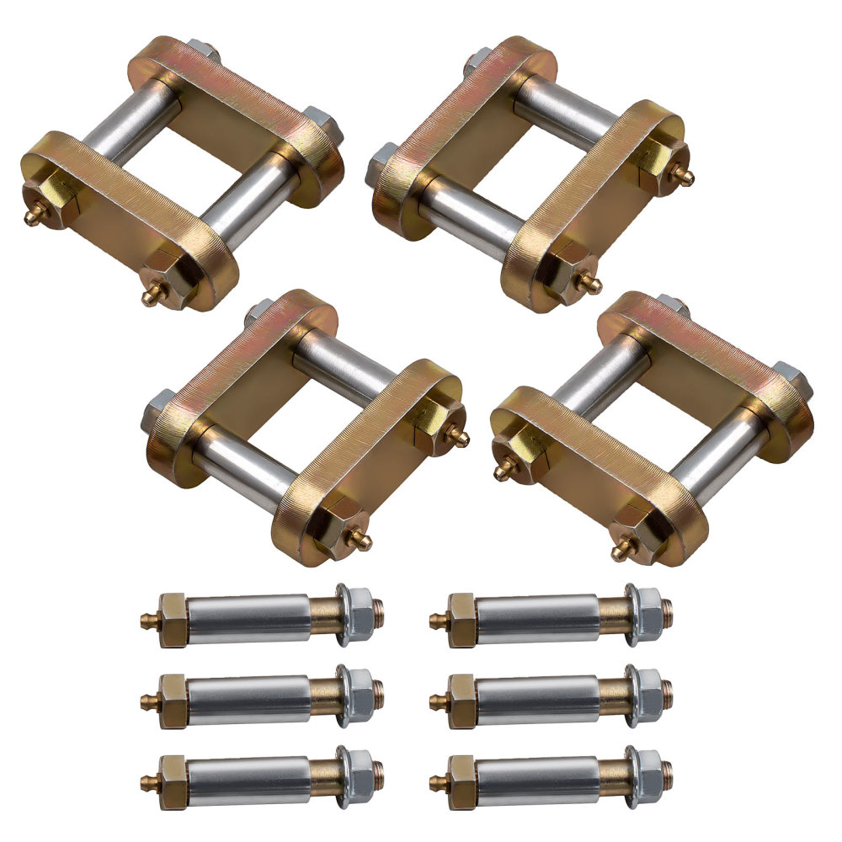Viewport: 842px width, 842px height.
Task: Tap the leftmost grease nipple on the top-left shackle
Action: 32,217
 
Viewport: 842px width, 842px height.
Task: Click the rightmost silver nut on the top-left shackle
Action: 320,124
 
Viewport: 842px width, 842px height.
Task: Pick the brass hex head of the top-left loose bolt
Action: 173,619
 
